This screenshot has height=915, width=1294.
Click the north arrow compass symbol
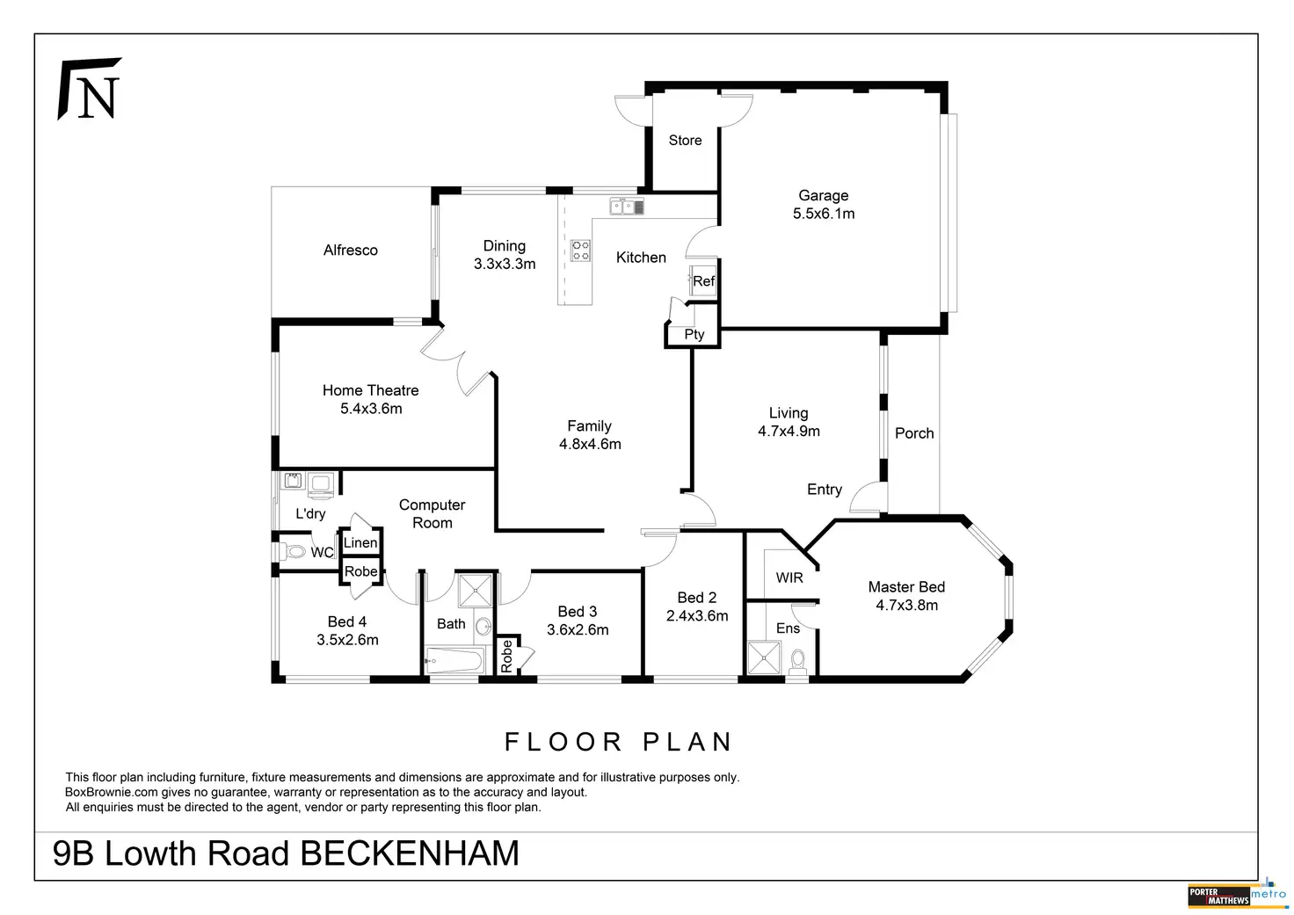[x=90, y=89]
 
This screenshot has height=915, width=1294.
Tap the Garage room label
[x=823, y=196]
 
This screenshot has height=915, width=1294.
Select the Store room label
[x=685, y=141]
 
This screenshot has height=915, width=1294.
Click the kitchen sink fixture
[x=627, y=207]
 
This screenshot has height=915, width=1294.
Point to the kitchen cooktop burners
[x=580, y=251]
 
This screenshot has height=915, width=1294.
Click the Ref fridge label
[x=703, y=281]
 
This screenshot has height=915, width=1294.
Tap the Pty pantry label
[x=694, y=335]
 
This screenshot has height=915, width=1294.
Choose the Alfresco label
[x=350, y=251]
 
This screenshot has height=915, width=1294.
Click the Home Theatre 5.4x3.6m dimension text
[x=371, y=409]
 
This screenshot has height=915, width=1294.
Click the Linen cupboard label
[x=360, y=542]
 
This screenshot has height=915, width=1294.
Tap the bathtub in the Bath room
[x=454, y=660]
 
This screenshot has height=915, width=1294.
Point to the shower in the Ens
[x=764, y=657]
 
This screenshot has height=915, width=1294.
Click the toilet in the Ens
[x=798, y=662]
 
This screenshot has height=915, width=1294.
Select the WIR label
[x=789, y=577]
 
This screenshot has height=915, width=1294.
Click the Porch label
[x=914, y=433]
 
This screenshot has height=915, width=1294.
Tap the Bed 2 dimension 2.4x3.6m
[x=697, y=616]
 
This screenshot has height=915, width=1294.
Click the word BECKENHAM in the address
[x=410, y=853]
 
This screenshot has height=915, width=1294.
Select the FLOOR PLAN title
[x=619, y=742]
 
